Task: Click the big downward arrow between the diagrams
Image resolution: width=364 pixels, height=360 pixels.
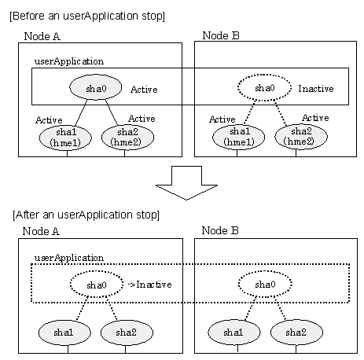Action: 186,182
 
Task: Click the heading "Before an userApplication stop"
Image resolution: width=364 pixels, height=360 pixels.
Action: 87,16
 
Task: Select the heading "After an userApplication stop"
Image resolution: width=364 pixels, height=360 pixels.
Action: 86,215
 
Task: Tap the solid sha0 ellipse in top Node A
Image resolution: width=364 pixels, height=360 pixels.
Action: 96,87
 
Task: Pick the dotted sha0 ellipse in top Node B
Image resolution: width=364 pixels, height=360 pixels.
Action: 264,87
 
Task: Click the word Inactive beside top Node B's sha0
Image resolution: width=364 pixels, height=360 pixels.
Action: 316,89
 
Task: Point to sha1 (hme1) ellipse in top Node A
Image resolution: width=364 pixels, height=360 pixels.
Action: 65,138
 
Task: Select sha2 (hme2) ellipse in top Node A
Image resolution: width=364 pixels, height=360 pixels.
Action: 127,137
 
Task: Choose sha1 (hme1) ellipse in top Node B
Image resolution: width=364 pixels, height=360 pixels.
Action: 239,137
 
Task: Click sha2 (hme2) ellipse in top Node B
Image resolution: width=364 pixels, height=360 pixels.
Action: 301,136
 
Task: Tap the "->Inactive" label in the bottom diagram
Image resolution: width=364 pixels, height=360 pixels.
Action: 150,285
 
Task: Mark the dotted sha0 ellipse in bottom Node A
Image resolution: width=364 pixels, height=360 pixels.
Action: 97,285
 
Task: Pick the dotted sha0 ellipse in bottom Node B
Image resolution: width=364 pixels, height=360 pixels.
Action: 265,284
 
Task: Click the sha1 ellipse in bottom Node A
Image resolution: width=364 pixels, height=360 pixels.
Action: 64,332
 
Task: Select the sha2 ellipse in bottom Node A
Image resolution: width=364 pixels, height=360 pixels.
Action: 127,332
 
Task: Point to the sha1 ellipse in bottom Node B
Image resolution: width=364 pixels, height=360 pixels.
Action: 234,332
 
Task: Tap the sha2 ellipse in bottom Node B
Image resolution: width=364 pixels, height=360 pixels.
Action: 296,332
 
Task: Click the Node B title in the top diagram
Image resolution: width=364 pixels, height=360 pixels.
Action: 221,35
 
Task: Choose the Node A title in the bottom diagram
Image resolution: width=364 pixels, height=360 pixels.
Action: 41,231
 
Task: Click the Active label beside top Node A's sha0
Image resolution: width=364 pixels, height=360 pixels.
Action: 144,90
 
